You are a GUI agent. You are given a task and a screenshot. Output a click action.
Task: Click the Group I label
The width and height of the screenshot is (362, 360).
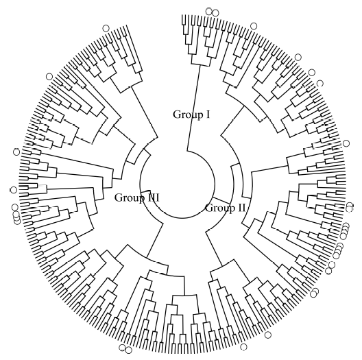point(191,115)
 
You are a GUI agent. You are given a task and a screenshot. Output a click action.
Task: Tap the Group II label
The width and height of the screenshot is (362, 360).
point(225,208)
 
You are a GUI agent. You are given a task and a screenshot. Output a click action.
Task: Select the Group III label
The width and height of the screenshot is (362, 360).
point(137,198)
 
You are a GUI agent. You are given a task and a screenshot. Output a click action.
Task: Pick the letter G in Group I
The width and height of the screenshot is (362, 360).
point(177,115)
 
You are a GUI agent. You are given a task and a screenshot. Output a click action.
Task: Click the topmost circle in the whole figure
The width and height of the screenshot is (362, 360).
point(208,11)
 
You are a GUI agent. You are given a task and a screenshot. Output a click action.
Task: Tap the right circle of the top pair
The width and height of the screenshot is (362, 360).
point(215,13)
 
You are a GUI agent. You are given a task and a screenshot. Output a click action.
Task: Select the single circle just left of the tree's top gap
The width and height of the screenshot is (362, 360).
point(106,28)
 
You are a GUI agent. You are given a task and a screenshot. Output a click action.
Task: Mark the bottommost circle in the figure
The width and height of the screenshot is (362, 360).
point(129,350)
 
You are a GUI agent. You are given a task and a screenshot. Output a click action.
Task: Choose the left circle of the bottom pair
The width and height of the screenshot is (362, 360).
point(122,348)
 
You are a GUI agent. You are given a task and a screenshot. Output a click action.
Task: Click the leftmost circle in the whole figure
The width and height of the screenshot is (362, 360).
point(14,190)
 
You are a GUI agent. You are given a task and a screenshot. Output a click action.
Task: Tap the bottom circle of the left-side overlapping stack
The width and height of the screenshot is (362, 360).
point(17,221)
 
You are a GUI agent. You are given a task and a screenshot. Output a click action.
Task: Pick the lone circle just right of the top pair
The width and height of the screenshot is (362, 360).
point(254,26)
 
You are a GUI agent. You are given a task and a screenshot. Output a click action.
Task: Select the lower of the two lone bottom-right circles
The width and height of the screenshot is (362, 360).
point(243,346)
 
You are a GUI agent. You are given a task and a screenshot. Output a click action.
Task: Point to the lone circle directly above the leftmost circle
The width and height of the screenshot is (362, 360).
point(16,152)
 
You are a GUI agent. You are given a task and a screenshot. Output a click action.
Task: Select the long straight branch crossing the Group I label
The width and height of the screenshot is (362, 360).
point(193,108)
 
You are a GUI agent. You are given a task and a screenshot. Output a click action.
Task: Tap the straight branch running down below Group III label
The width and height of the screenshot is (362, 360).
point(155,240)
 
